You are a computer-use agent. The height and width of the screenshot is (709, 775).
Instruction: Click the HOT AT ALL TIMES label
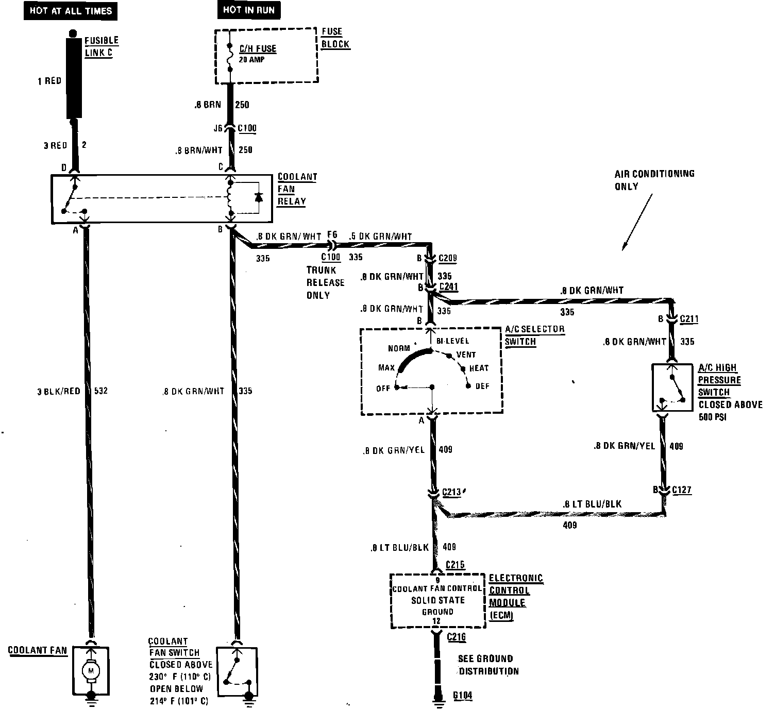(71, 10)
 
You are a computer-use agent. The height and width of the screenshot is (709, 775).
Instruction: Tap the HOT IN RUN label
(248, 10)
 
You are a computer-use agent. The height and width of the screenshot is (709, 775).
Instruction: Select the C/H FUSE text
(258, 49)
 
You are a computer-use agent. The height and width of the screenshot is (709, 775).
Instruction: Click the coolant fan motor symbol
(92, 670)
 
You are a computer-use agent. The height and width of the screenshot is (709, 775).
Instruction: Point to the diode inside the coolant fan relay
(259, 197)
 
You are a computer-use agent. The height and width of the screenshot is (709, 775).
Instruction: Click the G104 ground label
(462, 695)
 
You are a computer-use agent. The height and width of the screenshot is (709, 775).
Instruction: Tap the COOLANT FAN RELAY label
(297, 189)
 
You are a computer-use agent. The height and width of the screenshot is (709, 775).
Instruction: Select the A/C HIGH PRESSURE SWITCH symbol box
(672, 387)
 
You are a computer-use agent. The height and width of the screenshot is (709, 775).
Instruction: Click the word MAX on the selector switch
(386, 367)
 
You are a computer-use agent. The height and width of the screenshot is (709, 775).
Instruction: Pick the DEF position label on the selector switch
(482, 386)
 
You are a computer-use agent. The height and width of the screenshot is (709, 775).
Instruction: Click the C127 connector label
(681, 490)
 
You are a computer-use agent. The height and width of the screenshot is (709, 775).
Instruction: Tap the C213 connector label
(452, 492)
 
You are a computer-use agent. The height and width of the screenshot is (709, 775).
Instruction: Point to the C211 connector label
(689, 319)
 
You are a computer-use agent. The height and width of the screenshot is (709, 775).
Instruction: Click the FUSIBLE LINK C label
(101, 46)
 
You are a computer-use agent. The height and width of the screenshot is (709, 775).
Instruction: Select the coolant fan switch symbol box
(237, 670)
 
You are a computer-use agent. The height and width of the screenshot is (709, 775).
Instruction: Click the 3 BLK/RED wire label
(59, 391)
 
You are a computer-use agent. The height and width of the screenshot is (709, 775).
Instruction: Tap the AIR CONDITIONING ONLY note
(654, 180)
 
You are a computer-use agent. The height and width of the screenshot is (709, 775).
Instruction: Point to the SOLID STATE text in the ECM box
(437, 600)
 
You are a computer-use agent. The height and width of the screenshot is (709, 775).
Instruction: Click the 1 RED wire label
(49, 81)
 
